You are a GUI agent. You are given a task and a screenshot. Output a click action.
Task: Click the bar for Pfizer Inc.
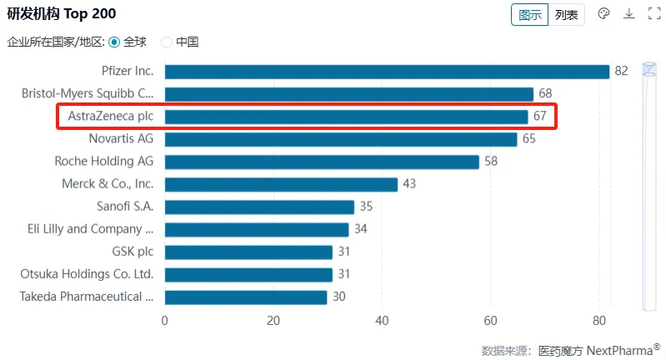click(x=387, y=72)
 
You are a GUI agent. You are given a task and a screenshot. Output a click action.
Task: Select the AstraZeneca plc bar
click(x=346, y=117)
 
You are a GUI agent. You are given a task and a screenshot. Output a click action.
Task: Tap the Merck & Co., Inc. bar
click(x=281, y=184)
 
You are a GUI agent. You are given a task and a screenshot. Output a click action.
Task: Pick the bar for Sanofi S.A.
click(x=259, y=207)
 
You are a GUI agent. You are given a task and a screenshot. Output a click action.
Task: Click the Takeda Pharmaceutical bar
click(x=246, y=297)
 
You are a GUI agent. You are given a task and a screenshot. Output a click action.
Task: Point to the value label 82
click(x=621, y=72)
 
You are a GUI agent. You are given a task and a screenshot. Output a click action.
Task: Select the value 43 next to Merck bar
click(x=408, y=184)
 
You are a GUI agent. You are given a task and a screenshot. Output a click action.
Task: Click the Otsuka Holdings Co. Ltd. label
click(x=87, y=274)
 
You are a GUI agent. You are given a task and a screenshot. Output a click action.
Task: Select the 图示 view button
click(x=530, y=15)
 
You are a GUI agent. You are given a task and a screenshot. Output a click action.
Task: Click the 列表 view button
click(x=567, y=15)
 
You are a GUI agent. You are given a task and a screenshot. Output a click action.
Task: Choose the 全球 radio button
click(x=114, y=42)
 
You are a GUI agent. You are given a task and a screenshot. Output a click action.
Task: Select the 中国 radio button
click(x=167, y=42)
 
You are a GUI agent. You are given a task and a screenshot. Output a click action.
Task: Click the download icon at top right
click(x=629, y=14)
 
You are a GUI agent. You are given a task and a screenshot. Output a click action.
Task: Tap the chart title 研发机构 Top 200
click(x=62, y=14)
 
